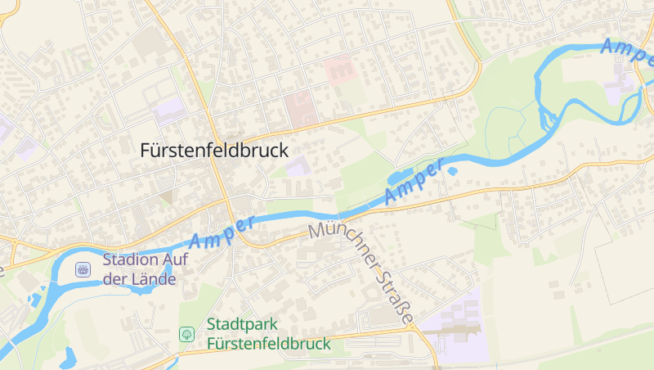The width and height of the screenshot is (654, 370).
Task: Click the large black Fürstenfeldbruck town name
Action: coord(215,151)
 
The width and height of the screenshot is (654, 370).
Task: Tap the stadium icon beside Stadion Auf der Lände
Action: coord(83,268)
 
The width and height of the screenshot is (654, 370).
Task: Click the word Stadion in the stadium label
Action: coord(128,261)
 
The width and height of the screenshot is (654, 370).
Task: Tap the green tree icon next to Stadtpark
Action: coord(186,334)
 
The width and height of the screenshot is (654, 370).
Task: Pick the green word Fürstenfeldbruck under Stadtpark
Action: coord(269,343)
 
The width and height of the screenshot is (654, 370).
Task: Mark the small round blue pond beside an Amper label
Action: coord(452,171)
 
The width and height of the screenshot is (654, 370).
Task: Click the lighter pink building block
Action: coord(339,70)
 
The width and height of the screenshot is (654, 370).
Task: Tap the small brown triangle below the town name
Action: coord(167,197)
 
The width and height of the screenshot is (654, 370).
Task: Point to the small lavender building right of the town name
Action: coord(298,167)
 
